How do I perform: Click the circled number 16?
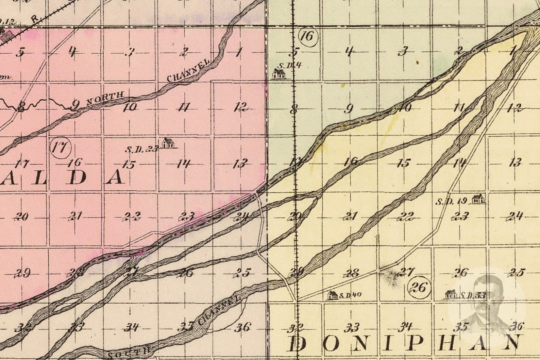(x=307, y=36)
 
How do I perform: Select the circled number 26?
(x=418, y=288)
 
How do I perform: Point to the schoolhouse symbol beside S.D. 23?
(x=168, y=143)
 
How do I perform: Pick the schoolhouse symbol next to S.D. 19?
(x=478, y=199)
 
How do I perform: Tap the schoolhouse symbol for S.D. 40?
(x=331, y=296)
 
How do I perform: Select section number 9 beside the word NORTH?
(x=75, y=106)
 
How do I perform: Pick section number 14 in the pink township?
(x=183, y=164)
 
